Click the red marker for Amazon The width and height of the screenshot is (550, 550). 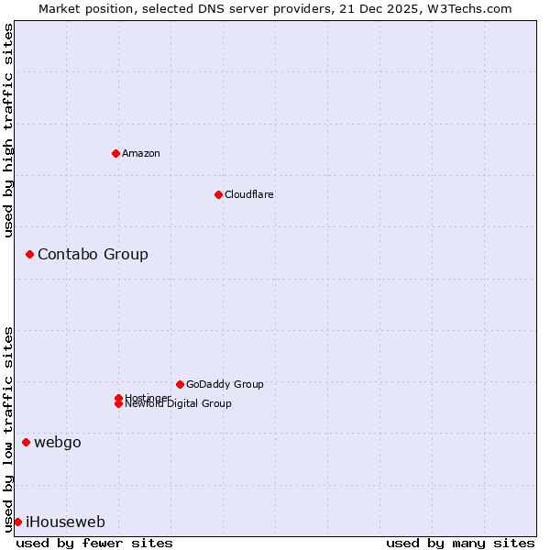coord(115,153)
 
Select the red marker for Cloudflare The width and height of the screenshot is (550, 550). coord(218,194)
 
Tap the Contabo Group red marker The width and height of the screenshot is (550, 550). coord(29,254)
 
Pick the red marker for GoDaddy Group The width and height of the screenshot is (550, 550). coord(180,384)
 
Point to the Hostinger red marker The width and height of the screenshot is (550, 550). coord(118,398)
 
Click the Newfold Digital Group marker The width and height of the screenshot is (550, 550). coord(118,404)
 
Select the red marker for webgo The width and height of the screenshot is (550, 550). coord(26,443)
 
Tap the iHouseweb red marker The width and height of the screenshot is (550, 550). coord(17,522)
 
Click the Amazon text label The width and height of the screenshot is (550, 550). coord(141,153)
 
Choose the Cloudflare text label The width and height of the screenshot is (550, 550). coord(248,194)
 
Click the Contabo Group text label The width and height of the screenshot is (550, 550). coord(93,254)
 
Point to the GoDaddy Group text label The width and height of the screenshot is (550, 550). coord(225,384)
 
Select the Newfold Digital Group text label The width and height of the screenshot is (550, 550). coord(179,404)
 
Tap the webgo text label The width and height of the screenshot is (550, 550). coord(58,443)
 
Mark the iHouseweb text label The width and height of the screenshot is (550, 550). coord(65,522)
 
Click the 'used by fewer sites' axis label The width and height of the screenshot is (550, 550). coord(94,544)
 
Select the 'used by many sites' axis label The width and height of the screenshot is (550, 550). coord(460,544)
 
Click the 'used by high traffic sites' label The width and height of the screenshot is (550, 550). coord(8,130)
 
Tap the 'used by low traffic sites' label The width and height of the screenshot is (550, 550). coord(8,428)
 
